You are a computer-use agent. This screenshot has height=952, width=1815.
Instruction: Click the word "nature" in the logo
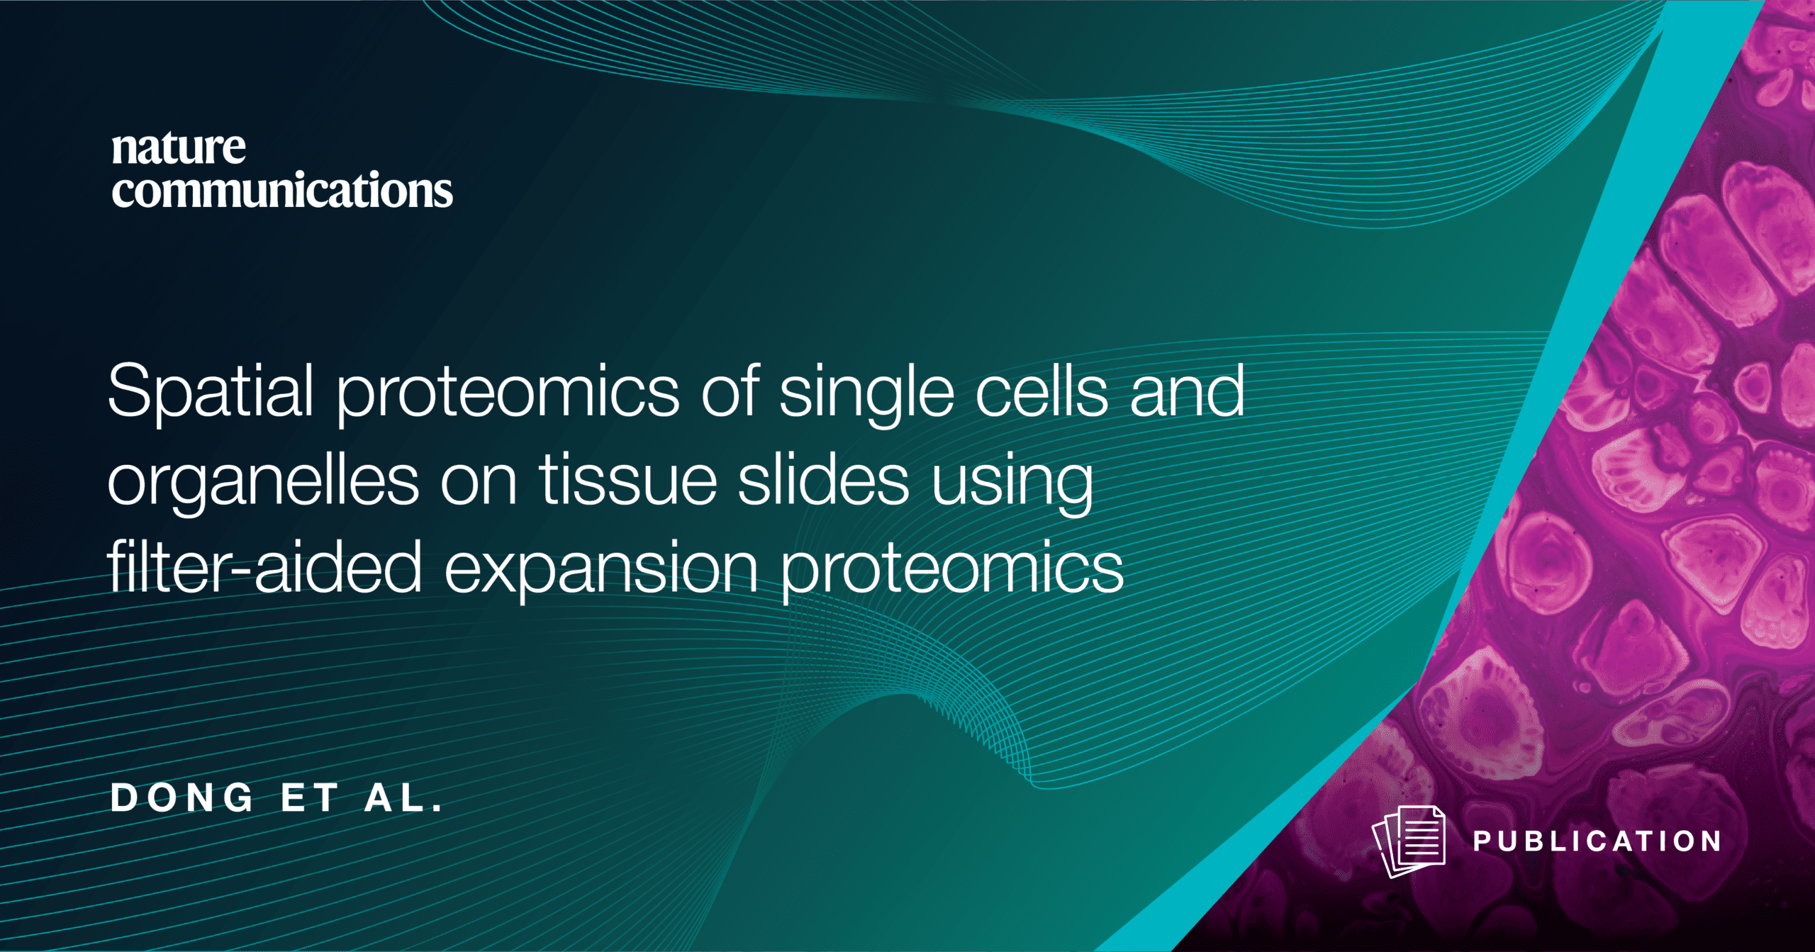[x=179, y=149]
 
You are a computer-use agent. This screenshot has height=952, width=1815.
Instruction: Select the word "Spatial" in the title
[x=211, y=392]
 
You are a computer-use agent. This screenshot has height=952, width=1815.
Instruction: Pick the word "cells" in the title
[x=1041, y=390]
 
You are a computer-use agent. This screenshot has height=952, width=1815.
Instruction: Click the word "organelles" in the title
[x=263, y=482]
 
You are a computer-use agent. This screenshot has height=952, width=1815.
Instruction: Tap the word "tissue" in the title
[x=628, y=479]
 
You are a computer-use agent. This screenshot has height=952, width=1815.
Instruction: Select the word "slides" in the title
[x=823, y=479]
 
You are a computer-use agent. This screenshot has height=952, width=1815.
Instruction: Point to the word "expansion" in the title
[x=601, y=570]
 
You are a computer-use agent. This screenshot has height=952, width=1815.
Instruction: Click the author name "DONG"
[x=181, y=798]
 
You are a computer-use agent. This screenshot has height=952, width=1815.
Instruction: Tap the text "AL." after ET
[x=403, y=798]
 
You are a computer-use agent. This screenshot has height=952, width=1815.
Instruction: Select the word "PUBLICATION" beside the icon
[x=1597, y=841]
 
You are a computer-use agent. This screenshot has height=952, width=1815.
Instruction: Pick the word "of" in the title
[x=730, y=390]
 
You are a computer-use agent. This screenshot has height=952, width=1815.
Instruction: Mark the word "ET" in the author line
[x=309, y=798]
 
